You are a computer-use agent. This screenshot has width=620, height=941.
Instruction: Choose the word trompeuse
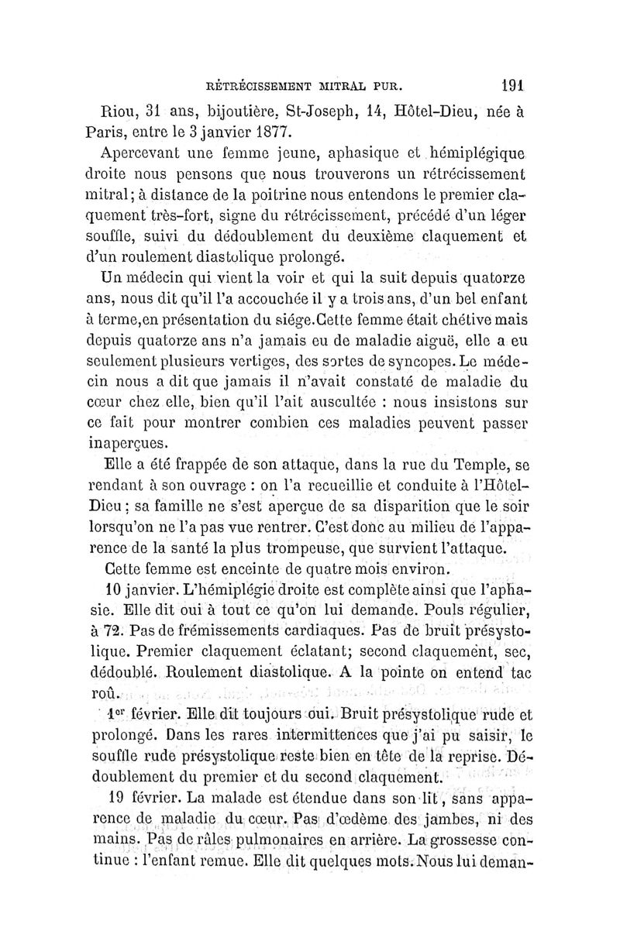click(293, 550)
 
